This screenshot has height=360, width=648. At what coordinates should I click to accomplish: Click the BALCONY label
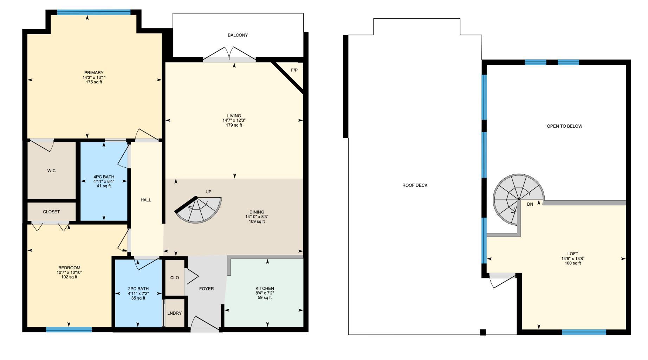pos(238,35)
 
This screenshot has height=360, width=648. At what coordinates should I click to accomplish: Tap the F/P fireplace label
pos(294,70)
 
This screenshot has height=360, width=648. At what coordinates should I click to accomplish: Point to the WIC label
pos(51,171)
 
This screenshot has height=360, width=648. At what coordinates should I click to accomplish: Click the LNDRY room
pos(174,313)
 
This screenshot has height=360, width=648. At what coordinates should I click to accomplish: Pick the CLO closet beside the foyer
pos(175,278)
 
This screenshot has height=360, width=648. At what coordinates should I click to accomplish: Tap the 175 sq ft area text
pos(94,82)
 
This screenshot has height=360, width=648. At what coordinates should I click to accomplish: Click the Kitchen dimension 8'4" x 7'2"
pos(265,293)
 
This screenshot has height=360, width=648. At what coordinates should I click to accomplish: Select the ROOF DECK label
pos(415,185)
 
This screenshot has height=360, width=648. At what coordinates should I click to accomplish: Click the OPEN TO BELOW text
pos(564,126)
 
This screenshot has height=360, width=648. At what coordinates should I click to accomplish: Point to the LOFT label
pos(572,254)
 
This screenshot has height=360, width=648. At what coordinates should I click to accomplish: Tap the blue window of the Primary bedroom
pos(94,12)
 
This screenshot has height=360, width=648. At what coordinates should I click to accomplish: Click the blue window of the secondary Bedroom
pos(69,330)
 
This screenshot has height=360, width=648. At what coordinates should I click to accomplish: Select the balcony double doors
pos(229,56)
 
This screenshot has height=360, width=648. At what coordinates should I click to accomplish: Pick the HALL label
pos(146,200)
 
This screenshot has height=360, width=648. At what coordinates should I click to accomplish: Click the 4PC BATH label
pos(104,177)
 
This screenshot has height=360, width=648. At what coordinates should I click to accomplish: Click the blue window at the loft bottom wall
pos(584,332)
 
